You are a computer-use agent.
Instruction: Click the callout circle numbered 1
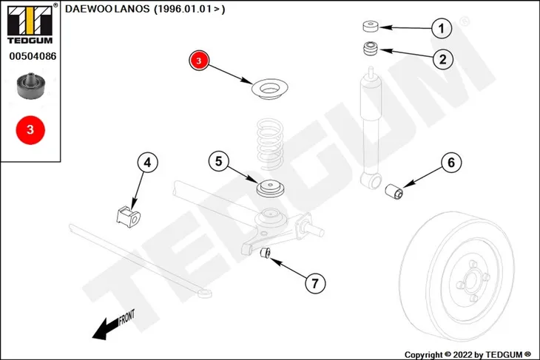click(442, 28)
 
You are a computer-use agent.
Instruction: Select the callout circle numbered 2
click(442, 59)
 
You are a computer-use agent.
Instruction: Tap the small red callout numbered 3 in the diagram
click(199, 61)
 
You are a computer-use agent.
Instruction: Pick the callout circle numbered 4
click(147, 162)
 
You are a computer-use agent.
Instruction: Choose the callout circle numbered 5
click(219, 161)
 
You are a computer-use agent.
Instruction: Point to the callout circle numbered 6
click(451, 162)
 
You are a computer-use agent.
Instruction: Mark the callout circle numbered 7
click(315, 283)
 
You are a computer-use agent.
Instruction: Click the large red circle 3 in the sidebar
click(30, 130)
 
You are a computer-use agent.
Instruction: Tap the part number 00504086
click(33, 56)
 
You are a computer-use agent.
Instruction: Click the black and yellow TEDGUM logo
click(30, 24)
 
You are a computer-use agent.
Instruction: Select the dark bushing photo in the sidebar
click(31, 86)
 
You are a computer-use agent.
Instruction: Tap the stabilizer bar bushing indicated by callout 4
click(129, 217)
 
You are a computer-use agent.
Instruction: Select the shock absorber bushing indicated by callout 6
click(394, 191)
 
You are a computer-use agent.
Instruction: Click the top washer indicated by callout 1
click(371, 27)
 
